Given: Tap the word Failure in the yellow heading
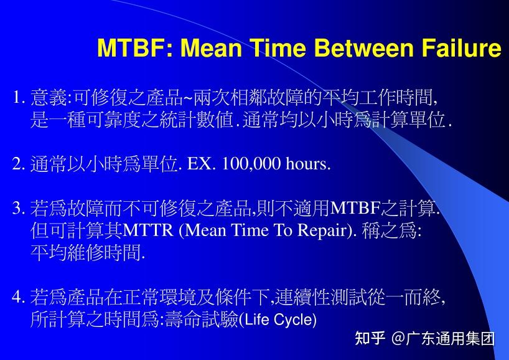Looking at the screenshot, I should (461, 48).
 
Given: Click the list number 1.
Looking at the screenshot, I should (17, 98).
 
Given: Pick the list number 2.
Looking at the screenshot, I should (17, 164).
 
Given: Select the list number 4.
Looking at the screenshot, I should (17, 298).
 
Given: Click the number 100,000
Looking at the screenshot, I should (251, 164).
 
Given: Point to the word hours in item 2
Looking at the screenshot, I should (307, 164).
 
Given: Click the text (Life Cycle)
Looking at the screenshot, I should (278, 321).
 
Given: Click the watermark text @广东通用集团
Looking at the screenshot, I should (443, 339).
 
